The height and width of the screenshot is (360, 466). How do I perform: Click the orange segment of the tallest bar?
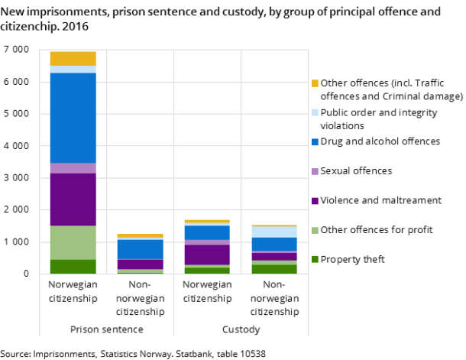coord(73,58)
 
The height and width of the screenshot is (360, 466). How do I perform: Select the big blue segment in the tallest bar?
coord(73,118)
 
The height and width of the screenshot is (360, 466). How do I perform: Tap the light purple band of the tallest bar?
coord(73,168)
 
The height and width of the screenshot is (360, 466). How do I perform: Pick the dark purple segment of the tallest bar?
coord(73,199)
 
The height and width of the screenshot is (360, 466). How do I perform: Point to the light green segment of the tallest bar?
coord(73,242)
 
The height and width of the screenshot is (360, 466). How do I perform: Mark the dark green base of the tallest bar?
coord(73,266)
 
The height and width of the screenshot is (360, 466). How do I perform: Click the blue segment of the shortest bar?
coord(140,249)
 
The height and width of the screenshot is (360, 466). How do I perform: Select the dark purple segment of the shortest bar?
coord(140,264)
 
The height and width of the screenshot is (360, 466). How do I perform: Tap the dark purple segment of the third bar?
coord(207,255)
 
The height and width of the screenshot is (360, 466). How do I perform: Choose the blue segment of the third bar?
coord(207,232)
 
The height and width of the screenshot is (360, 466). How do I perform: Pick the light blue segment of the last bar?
coord(274,232)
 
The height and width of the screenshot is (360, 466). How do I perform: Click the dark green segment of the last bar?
coord(274,269)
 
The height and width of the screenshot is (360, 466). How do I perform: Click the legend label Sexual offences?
coord(356,170)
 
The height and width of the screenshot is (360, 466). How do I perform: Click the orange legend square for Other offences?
coord(314,83)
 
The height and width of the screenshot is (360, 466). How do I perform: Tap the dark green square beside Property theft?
coord(314,260)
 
